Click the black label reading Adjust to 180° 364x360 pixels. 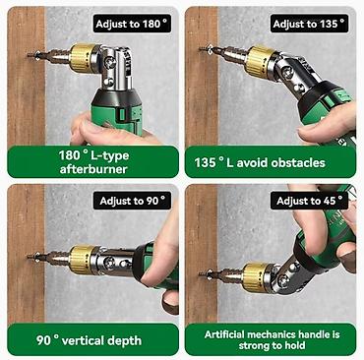pos(132,24)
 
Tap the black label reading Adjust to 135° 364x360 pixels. pos(309,24)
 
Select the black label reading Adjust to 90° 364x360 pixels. pos(132,201)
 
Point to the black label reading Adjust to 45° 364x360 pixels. pos(309,201)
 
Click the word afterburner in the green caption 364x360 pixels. pos(93,169)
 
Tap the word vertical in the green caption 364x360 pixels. pos(85,340)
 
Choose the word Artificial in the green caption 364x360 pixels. pos(225,334)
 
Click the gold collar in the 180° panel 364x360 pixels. pos(82,58)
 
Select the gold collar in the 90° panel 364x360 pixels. pos(81,259)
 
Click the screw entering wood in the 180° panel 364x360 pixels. pos(33,55)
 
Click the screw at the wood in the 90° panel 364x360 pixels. pos(33,257)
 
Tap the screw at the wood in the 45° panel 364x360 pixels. pos(206,273)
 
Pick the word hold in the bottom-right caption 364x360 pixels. pos(294,345)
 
